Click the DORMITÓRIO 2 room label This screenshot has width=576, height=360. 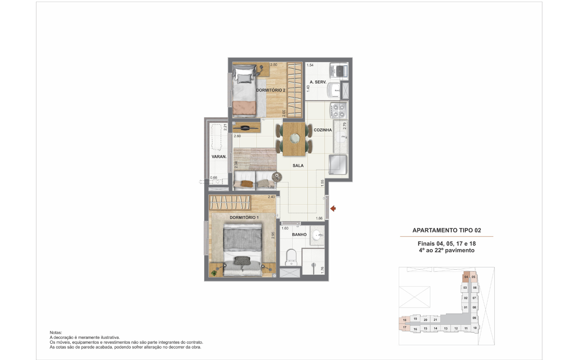point(270,90)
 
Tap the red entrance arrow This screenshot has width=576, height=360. point(333,208)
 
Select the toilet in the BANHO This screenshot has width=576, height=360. point(291,257)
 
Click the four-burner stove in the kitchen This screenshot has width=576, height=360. point(339,110)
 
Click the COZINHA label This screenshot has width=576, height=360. point(323,130)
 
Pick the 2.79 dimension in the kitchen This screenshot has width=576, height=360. point(344,126)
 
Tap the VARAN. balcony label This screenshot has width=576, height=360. point(219,157)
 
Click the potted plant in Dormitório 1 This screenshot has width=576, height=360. point(214,273)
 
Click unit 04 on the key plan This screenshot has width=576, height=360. point(466,277)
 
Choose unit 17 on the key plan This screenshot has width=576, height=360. point(404,327)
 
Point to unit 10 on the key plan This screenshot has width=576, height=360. point(475,328)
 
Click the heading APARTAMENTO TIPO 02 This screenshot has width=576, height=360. point(447,230)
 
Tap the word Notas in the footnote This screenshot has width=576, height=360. point(56,332)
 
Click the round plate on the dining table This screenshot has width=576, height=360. point(294,138)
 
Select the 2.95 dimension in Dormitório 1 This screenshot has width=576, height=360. point(273,235)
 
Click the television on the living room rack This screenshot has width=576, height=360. point(247,127)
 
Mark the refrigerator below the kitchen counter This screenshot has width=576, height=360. point(338,164)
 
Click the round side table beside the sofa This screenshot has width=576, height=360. point(277,177)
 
